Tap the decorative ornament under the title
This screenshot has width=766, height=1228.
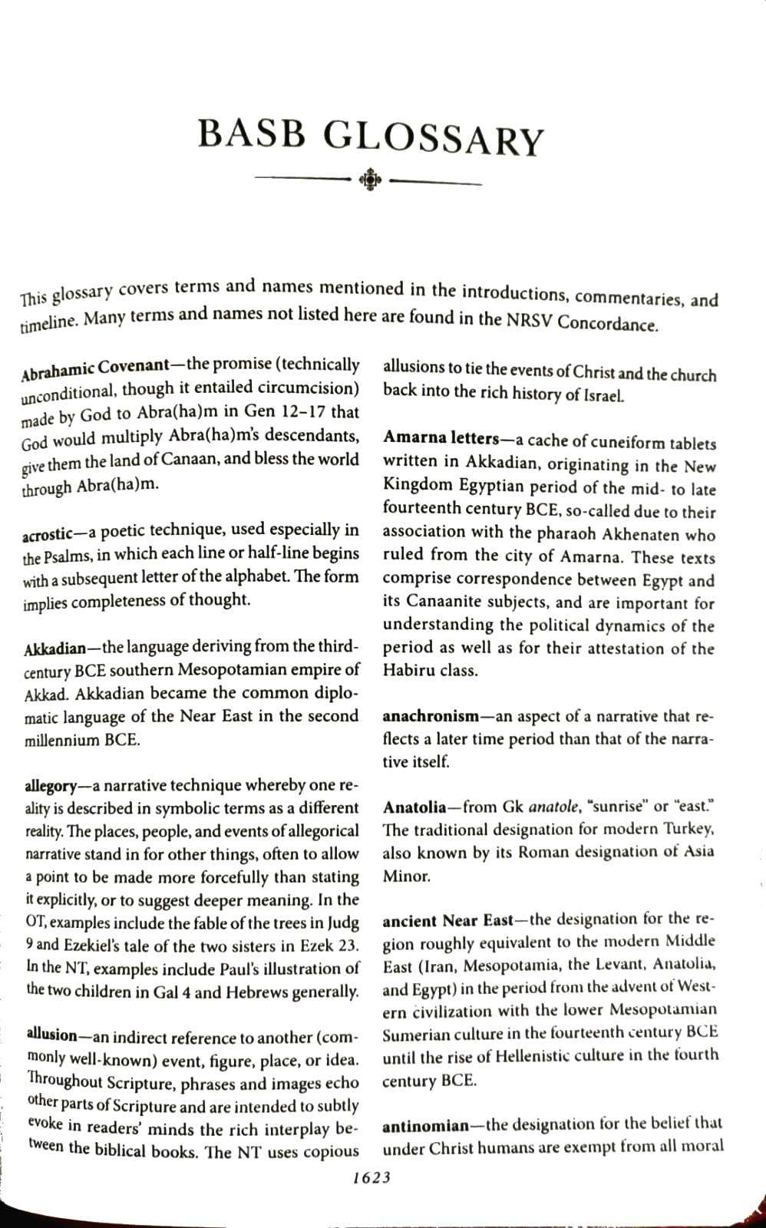[370, 181]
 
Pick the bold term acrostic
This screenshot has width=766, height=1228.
[48, 533]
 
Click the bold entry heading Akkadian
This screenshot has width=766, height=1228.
[54, 648]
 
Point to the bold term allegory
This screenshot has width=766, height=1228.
[50, 787]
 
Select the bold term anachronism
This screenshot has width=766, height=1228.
[431, 716]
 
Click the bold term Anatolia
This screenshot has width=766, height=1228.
[414, 807]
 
